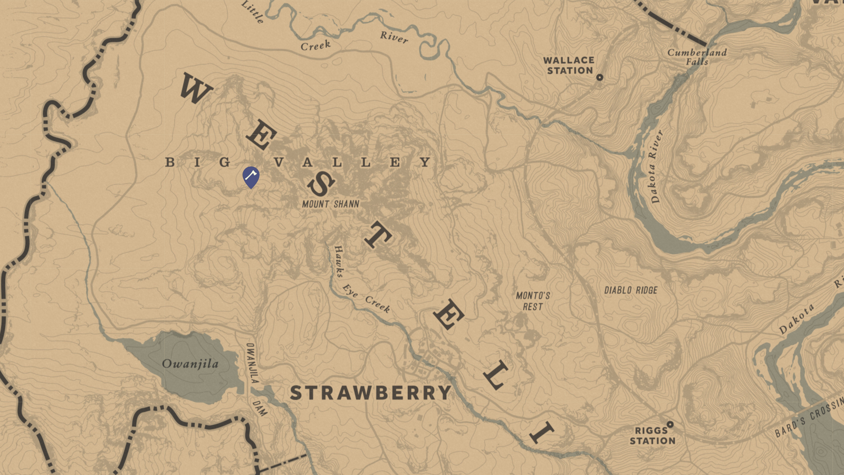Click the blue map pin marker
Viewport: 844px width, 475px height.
click(251, 176)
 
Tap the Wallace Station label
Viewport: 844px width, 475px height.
click(569, 65)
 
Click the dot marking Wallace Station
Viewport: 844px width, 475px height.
click(600, 78)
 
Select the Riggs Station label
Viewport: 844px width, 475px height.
click(653, 436)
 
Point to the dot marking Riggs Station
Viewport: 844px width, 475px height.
click(670, 424)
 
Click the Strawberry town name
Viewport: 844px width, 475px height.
click(371, 393)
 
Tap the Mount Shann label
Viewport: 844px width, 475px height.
click(331, 204)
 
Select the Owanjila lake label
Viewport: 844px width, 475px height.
click(190, 364)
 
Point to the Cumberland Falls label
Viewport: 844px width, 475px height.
click(697, 56)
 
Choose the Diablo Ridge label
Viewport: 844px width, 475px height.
click(631, 290)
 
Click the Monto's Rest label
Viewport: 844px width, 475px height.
click(533, 301)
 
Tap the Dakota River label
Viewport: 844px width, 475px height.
click(656, 167)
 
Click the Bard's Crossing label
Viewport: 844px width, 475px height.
click(810, 417)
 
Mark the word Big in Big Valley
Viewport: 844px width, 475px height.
click(198, 162)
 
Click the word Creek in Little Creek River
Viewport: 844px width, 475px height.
click(315, 46)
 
